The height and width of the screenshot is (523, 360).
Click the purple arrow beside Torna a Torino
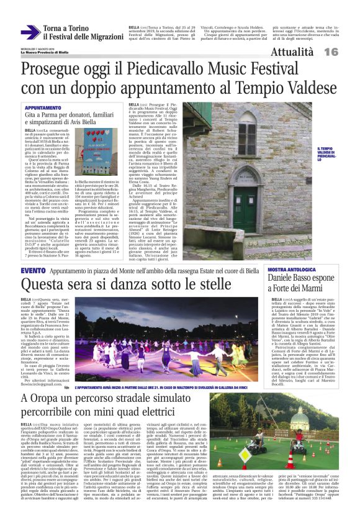point(30,32)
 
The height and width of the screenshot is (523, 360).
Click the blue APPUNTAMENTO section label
point(43,107)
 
